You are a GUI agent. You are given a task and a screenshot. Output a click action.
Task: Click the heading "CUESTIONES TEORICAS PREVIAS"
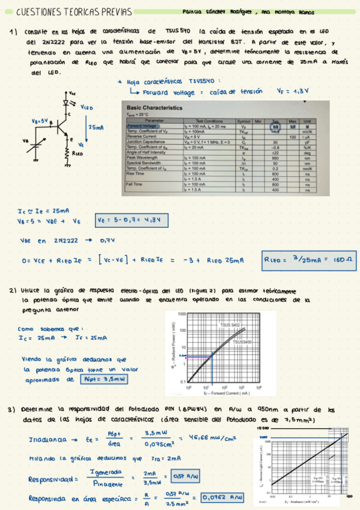tap(58, 12)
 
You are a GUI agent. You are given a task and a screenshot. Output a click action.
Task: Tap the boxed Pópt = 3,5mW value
tap(103, 379)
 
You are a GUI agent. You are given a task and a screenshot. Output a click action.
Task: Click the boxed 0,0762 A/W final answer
tap(224, 497)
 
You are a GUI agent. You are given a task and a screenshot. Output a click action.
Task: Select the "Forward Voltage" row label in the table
tap(142, 126)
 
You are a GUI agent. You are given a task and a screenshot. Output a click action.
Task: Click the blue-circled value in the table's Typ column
tap(276, 127)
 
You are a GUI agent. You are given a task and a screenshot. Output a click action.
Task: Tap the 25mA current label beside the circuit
tap(96, 127)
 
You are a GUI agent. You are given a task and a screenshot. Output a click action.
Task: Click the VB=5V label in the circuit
tap(40, 120)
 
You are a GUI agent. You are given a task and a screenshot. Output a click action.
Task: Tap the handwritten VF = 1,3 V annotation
tap(293, 91)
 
